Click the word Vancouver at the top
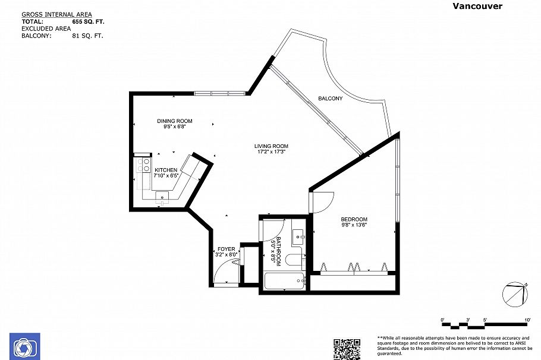coord(477,6)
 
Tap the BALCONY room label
coord(330,99)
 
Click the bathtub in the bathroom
coord(284,281)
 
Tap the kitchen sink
coord(162,196)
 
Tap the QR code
coord(347,348)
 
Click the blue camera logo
coord(24,347)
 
